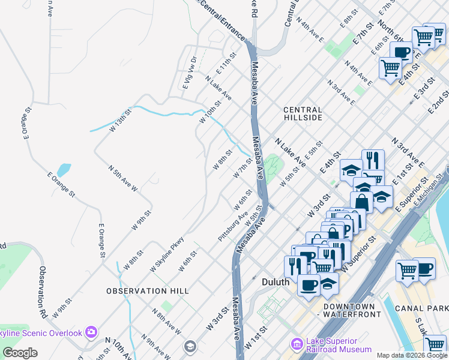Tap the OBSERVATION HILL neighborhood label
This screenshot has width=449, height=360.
[148, 291]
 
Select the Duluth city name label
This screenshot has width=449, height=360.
[276, 281]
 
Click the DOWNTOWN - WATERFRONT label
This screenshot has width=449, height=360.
[352, 310]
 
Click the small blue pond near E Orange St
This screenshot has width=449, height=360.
[63, 170]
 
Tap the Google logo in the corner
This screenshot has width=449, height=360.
[20, 353]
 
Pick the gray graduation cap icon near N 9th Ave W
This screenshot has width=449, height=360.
[190, 346]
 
